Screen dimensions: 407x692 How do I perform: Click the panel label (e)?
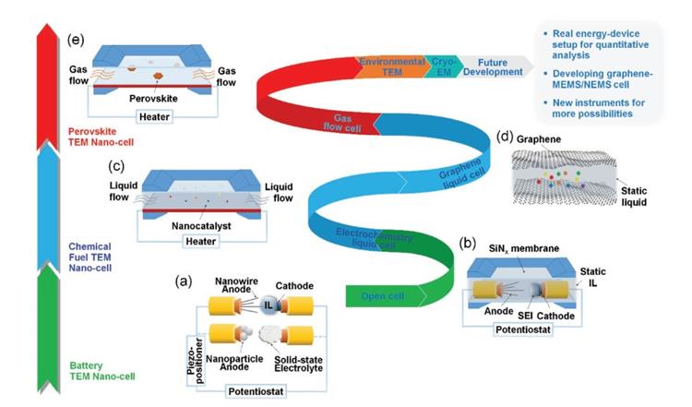76,41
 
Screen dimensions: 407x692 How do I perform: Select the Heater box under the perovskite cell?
152,116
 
